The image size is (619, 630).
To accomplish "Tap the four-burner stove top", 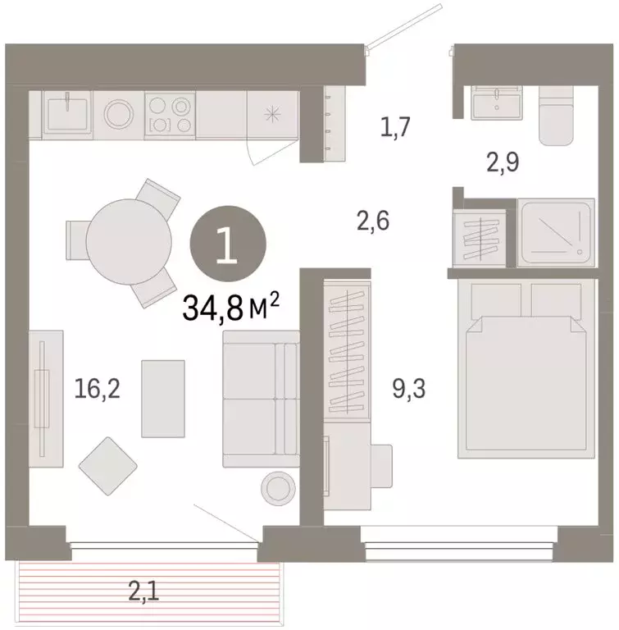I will click(170, 114).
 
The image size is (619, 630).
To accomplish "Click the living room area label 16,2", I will click(97, 388).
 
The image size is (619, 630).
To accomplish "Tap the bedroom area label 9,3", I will click(408, 388).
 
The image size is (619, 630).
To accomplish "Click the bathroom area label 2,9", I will click(503, 161).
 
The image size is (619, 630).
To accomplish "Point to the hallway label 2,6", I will click(372, 221).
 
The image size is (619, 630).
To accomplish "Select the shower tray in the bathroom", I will click(555, 231).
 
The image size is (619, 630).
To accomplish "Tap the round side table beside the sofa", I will click(277, 487).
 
